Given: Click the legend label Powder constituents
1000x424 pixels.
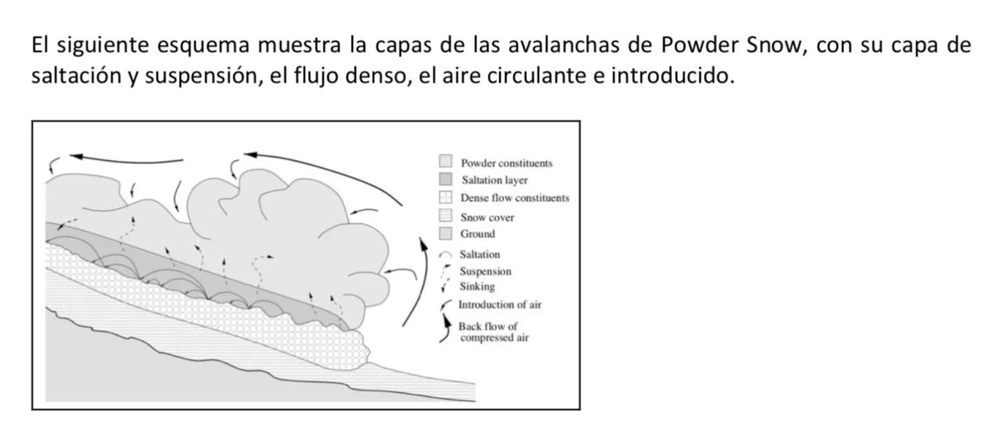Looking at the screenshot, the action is tap(506, 163).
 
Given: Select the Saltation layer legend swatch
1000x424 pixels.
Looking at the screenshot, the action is tap(445, 179).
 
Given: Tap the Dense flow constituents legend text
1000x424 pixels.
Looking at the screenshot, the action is tap(515, 198).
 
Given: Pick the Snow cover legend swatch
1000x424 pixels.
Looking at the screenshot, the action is tap(445, 215).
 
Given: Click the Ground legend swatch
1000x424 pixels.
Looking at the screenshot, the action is tap(445, 233).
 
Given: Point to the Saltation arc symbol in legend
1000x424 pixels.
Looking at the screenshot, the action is tap(445, 254).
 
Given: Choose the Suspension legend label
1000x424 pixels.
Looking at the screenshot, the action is tap(486, 271).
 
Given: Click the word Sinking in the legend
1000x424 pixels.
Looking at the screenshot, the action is tap(478, 287).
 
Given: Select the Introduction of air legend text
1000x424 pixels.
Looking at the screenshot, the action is tap(500, 305).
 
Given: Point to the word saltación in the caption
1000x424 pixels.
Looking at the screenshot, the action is tap(76, 76).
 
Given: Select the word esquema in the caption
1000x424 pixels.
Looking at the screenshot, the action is tap(203, 46).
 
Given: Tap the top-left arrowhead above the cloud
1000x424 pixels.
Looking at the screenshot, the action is tap(76, 156).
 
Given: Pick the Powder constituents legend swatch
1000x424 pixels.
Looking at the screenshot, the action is tap(445, 161).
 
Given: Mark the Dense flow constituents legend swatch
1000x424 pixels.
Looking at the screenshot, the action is tap(445, 197).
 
